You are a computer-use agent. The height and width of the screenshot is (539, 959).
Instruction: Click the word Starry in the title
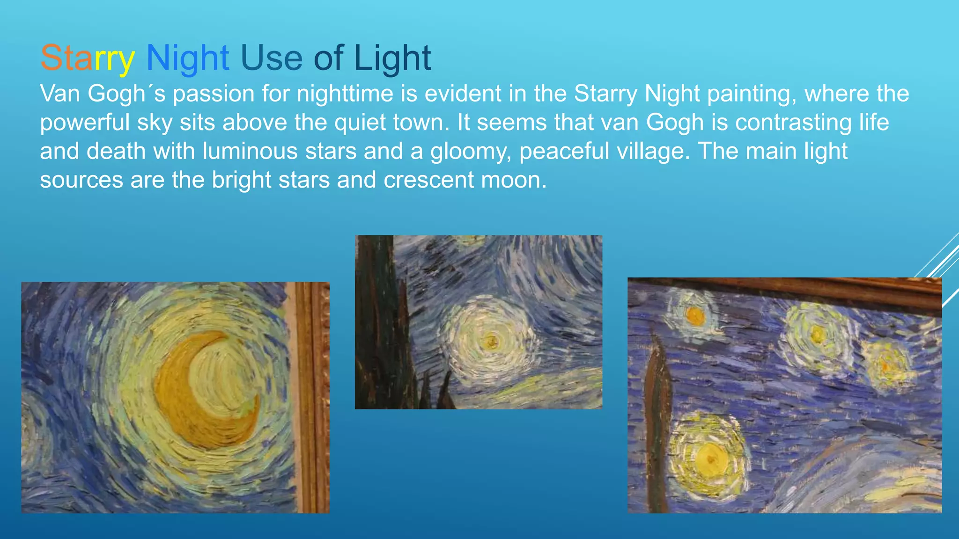tap(88, 58)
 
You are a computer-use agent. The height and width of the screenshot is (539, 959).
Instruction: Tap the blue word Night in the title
tap(187, 58)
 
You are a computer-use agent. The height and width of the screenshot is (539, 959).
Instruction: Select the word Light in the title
tap(392, 58)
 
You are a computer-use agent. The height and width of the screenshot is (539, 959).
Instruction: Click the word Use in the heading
tap(272, 58)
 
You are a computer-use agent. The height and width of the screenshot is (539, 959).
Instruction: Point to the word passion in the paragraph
tap(214, 94)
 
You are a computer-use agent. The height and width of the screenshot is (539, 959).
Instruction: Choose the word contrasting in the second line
tap(793, 122)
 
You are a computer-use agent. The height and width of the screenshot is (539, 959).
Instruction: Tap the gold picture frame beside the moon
tap(311, 398)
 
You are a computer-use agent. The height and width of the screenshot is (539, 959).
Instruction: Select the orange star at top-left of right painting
tap(695, 316)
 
